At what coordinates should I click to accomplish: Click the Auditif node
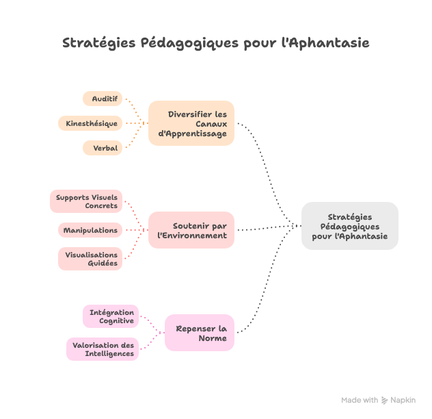pyautogui.click(x=103, y=99)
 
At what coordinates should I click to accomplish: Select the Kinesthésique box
pyautogui.click(x=91, y=124)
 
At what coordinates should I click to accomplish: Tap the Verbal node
pyautogui.click(x=103, y=148)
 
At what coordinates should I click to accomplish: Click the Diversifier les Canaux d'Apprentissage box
pyautogui.click(x=191, y=124)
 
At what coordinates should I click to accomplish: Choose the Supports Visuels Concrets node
pyautogui.click(x=87, y=201)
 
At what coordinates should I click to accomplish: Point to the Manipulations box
pyautogui.click(x=90, y=230)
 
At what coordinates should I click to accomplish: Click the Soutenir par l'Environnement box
pyautogui.click(x=191, y=230)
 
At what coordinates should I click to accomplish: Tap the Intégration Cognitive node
pyautogui.click(x=111, y=316)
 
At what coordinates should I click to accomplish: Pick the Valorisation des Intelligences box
pyautogui.click(x=103, y=349)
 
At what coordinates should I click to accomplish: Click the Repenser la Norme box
pyautogui.click(x=200, y=333)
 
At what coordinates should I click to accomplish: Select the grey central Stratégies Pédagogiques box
pyautogui.click(x=349, y=226)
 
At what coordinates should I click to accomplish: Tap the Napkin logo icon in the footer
pyautogui.click(x=385, y=401)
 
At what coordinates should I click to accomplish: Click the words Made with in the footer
pyautogui.click(x=360, y=401)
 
